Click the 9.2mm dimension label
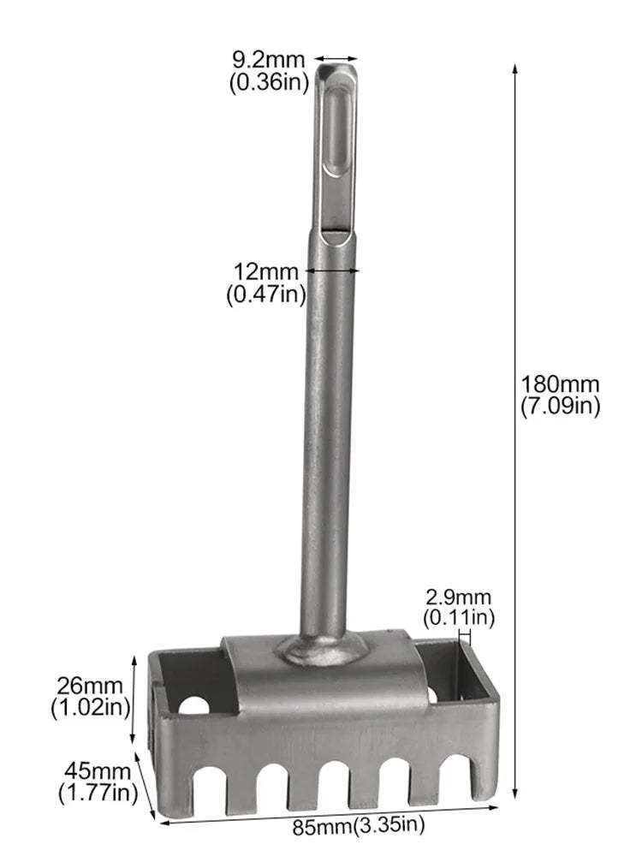click(x=268, y=59)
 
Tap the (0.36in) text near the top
click(x=269, y=82)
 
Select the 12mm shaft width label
click(x=266, y=271)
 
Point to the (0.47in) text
click(x=266, y=294)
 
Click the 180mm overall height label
click(x=560, y=384)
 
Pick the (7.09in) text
click(x=560, y=407)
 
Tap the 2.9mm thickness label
click(x=459, y=597)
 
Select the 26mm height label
click(x=90, y=686)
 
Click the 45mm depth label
click(x=98, y=771)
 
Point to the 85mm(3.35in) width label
click(x=358, y=825)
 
